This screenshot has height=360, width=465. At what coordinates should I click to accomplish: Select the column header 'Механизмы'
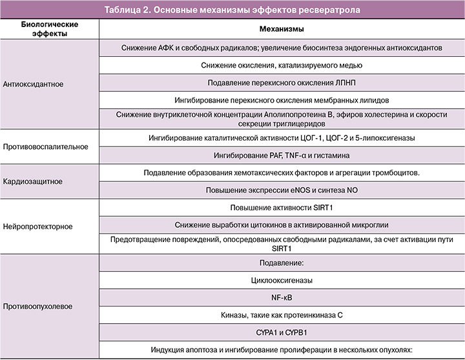click(282, 30)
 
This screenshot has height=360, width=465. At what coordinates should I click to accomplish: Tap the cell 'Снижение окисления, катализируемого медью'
click(282, 65)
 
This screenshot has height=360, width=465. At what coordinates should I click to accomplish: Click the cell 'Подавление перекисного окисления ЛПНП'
click(282, 83)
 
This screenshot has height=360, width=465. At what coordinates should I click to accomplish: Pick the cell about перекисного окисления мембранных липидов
click(282, 100)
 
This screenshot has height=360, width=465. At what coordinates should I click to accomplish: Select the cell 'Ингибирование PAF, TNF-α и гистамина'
click(282, 155)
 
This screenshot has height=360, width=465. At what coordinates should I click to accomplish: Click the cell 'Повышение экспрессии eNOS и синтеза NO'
click(282, 191)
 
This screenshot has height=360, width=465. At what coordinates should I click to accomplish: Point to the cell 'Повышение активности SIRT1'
click(282, 208)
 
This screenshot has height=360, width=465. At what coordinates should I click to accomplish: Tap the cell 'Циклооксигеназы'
click(282, 281)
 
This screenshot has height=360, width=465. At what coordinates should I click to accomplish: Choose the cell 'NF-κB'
click(282, 298)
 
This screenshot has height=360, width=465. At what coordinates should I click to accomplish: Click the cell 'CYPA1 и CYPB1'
click(282, 333)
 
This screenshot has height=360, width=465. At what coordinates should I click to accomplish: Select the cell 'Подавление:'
click(282, 263)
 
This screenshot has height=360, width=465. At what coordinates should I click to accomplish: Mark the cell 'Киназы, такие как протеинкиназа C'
click(282, 315)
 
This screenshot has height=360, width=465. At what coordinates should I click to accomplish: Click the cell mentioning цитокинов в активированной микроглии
click(282, 225)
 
